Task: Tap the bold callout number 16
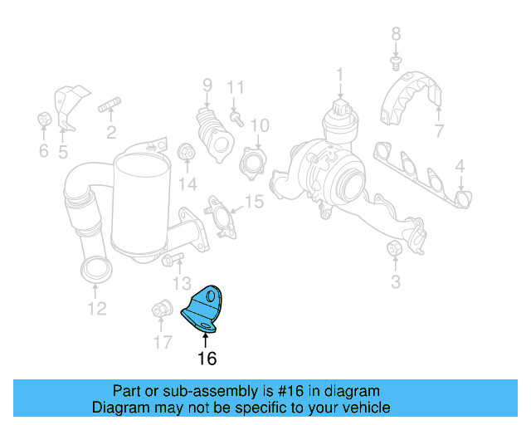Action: click(x=207, y=359)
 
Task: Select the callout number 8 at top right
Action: click(x=396, y=34)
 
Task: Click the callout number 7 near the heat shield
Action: click(x=439, y=130)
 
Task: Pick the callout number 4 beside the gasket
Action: click(x=459, y=168)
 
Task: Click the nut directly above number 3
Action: click(x=395, y=248)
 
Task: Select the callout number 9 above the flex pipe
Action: click(x=207, y=85)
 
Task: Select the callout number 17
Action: click(x=162, y=341)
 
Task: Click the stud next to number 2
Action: click(x=110, y=105)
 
